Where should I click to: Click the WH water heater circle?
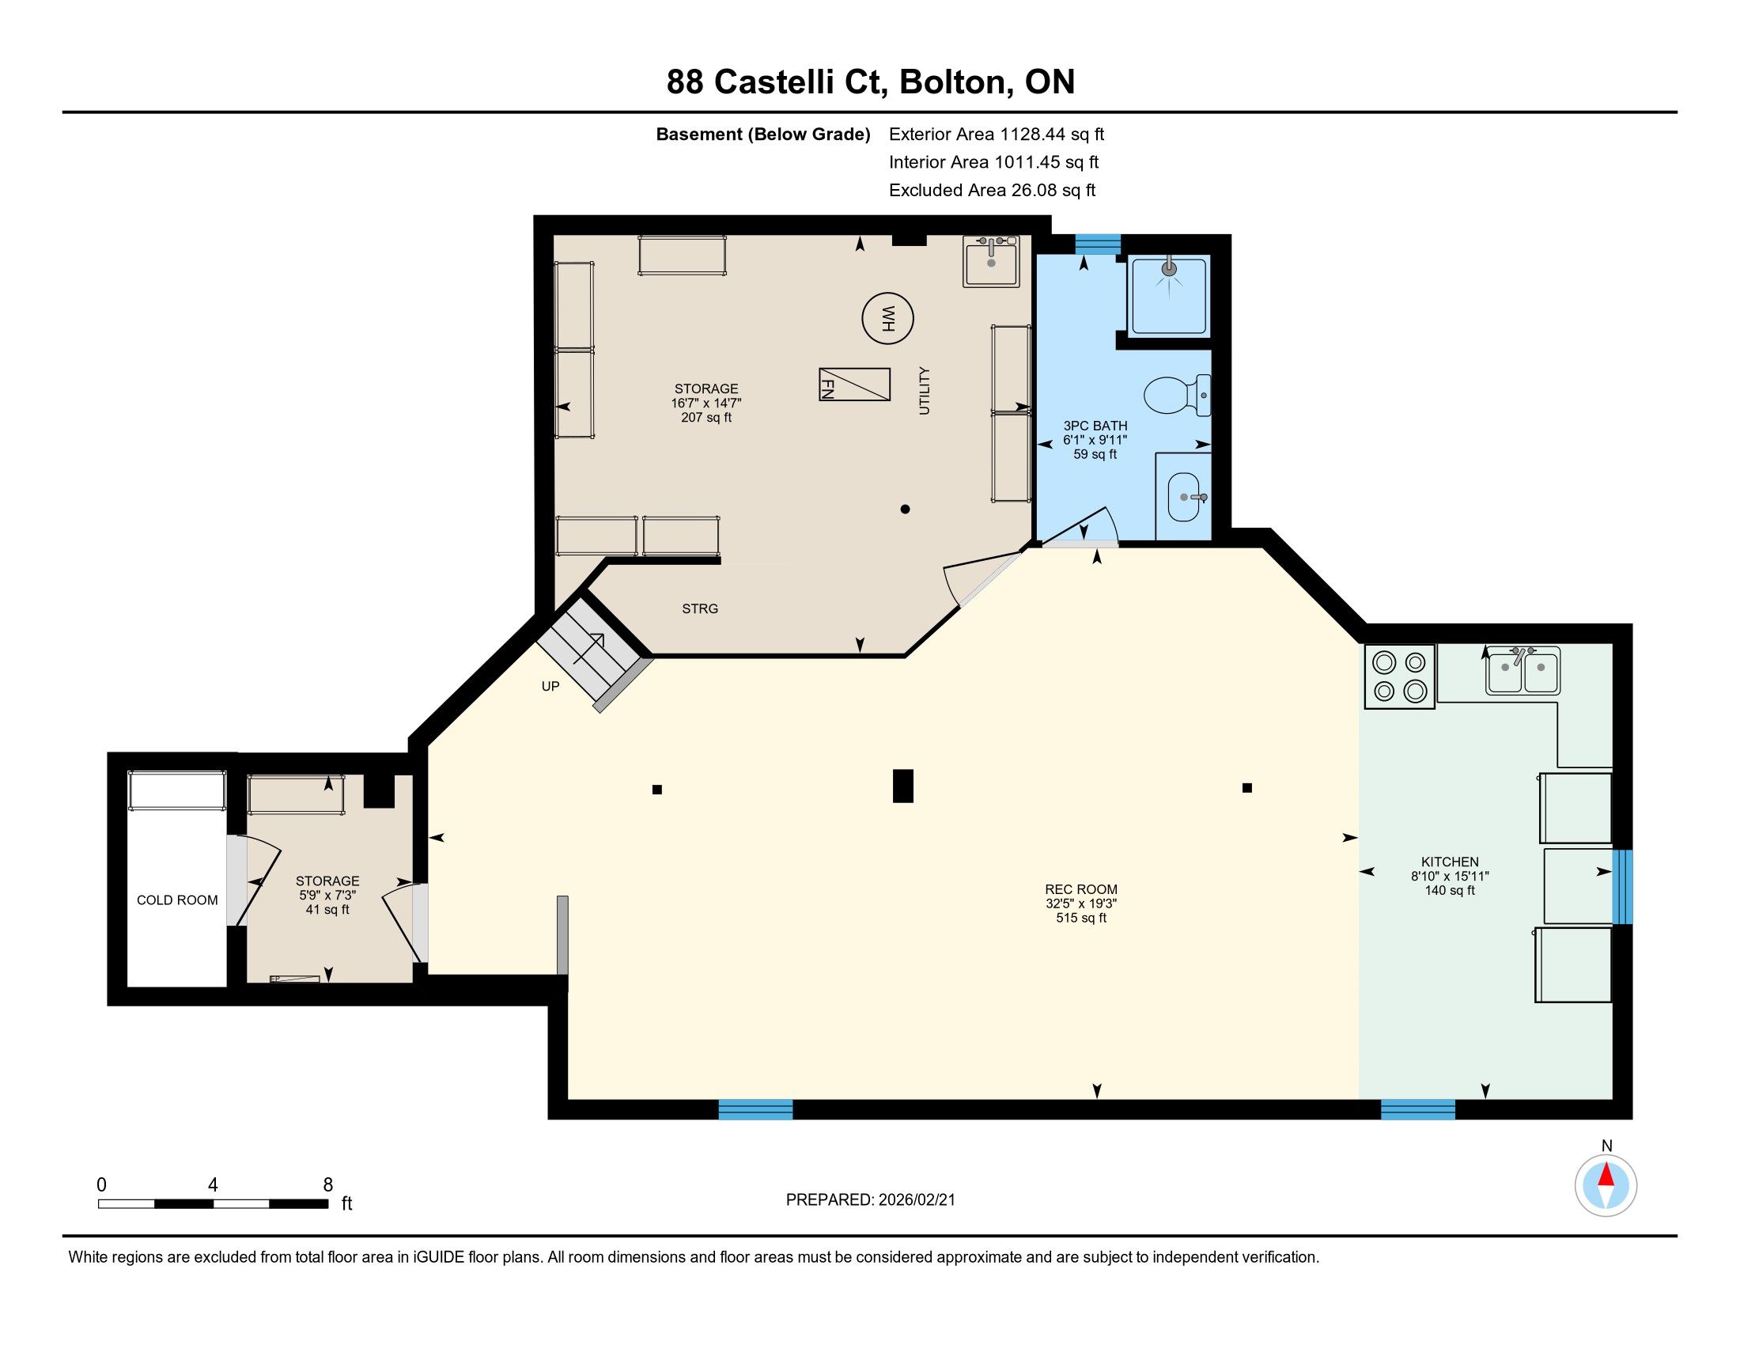point(887,319)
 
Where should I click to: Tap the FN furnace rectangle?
point(854,384)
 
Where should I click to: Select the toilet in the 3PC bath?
point(1177,396)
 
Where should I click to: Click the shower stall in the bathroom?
point(1170,295)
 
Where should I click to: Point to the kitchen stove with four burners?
point(1400,676)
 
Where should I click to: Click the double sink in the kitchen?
point(1523,671)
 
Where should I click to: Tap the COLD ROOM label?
point(177,900)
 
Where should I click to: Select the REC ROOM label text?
point(1081,889)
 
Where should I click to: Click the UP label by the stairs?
point(550,686)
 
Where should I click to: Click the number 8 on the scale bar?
point(327,1185)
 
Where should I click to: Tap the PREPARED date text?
point(870,1200)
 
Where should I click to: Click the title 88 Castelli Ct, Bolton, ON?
point(871,82)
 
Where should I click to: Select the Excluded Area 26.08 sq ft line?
point(992,191)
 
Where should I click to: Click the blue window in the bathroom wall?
point(1098,244)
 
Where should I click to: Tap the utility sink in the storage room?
point(990,260)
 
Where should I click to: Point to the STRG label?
point(699,608)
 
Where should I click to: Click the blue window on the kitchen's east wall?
point(1622,887)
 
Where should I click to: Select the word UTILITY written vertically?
point(924,390)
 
